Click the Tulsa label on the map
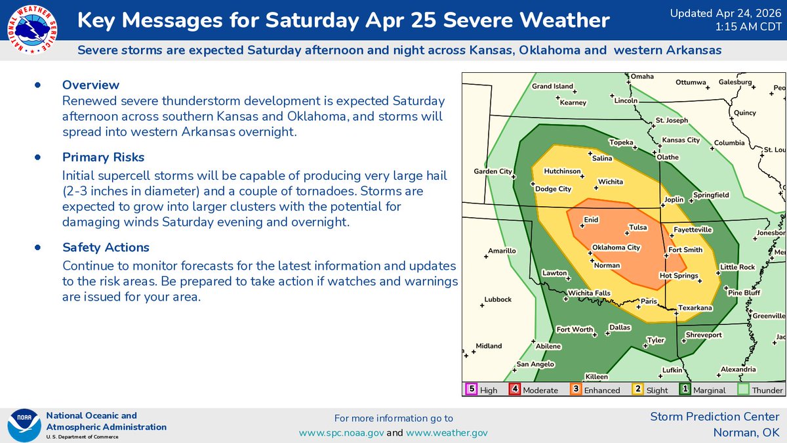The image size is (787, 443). point(637,228)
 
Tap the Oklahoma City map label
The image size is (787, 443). point(616,247)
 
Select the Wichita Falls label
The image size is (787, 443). point(588,293)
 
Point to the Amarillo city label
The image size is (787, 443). point(502,251)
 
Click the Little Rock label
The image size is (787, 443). point(738,267)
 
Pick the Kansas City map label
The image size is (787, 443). point(681,140)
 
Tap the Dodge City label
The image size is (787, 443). point(554,189)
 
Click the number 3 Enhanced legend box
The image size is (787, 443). point(575,389)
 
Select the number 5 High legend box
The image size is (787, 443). point(470,389)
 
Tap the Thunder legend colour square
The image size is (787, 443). point(743,389)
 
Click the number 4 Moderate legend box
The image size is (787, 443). point(515,389)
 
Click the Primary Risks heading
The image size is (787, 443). point(103,158)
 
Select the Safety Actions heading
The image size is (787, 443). point(106,247)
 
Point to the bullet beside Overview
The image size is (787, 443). point(37,85)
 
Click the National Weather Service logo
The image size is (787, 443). point(31,30)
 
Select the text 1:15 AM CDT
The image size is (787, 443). point(748,26)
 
